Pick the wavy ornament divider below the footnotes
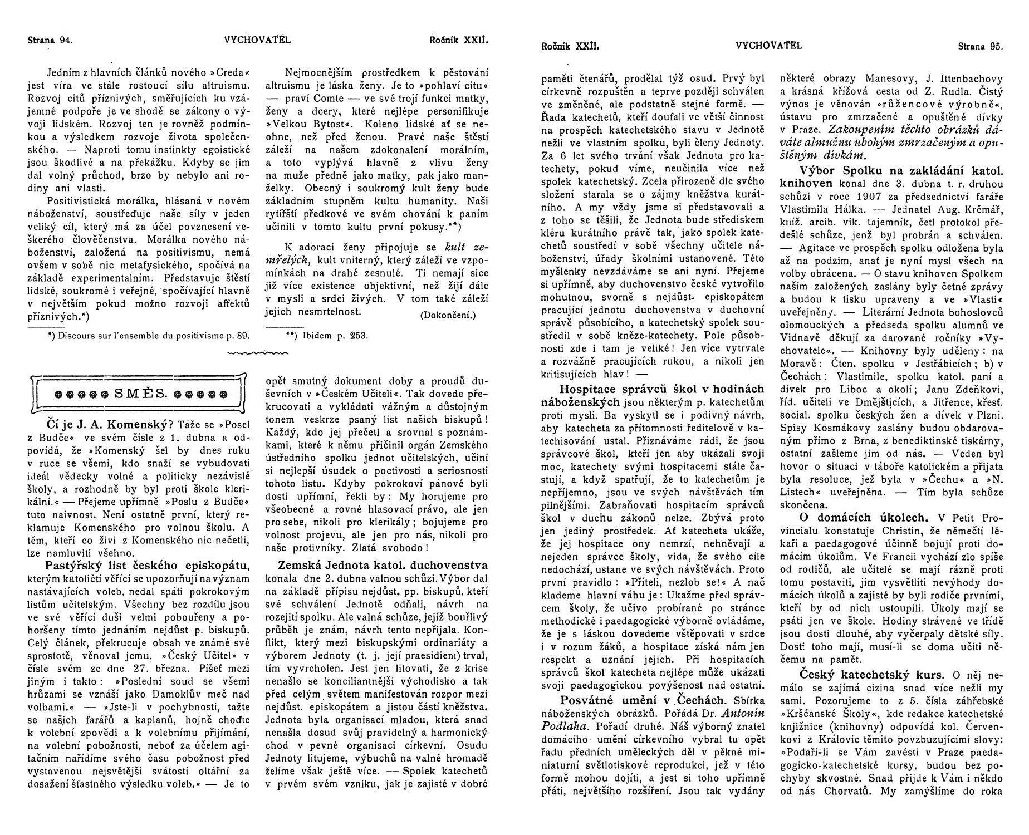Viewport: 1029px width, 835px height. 258,352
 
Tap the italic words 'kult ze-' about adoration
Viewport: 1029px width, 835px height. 467,247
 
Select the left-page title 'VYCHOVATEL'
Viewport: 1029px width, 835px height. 258,40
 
